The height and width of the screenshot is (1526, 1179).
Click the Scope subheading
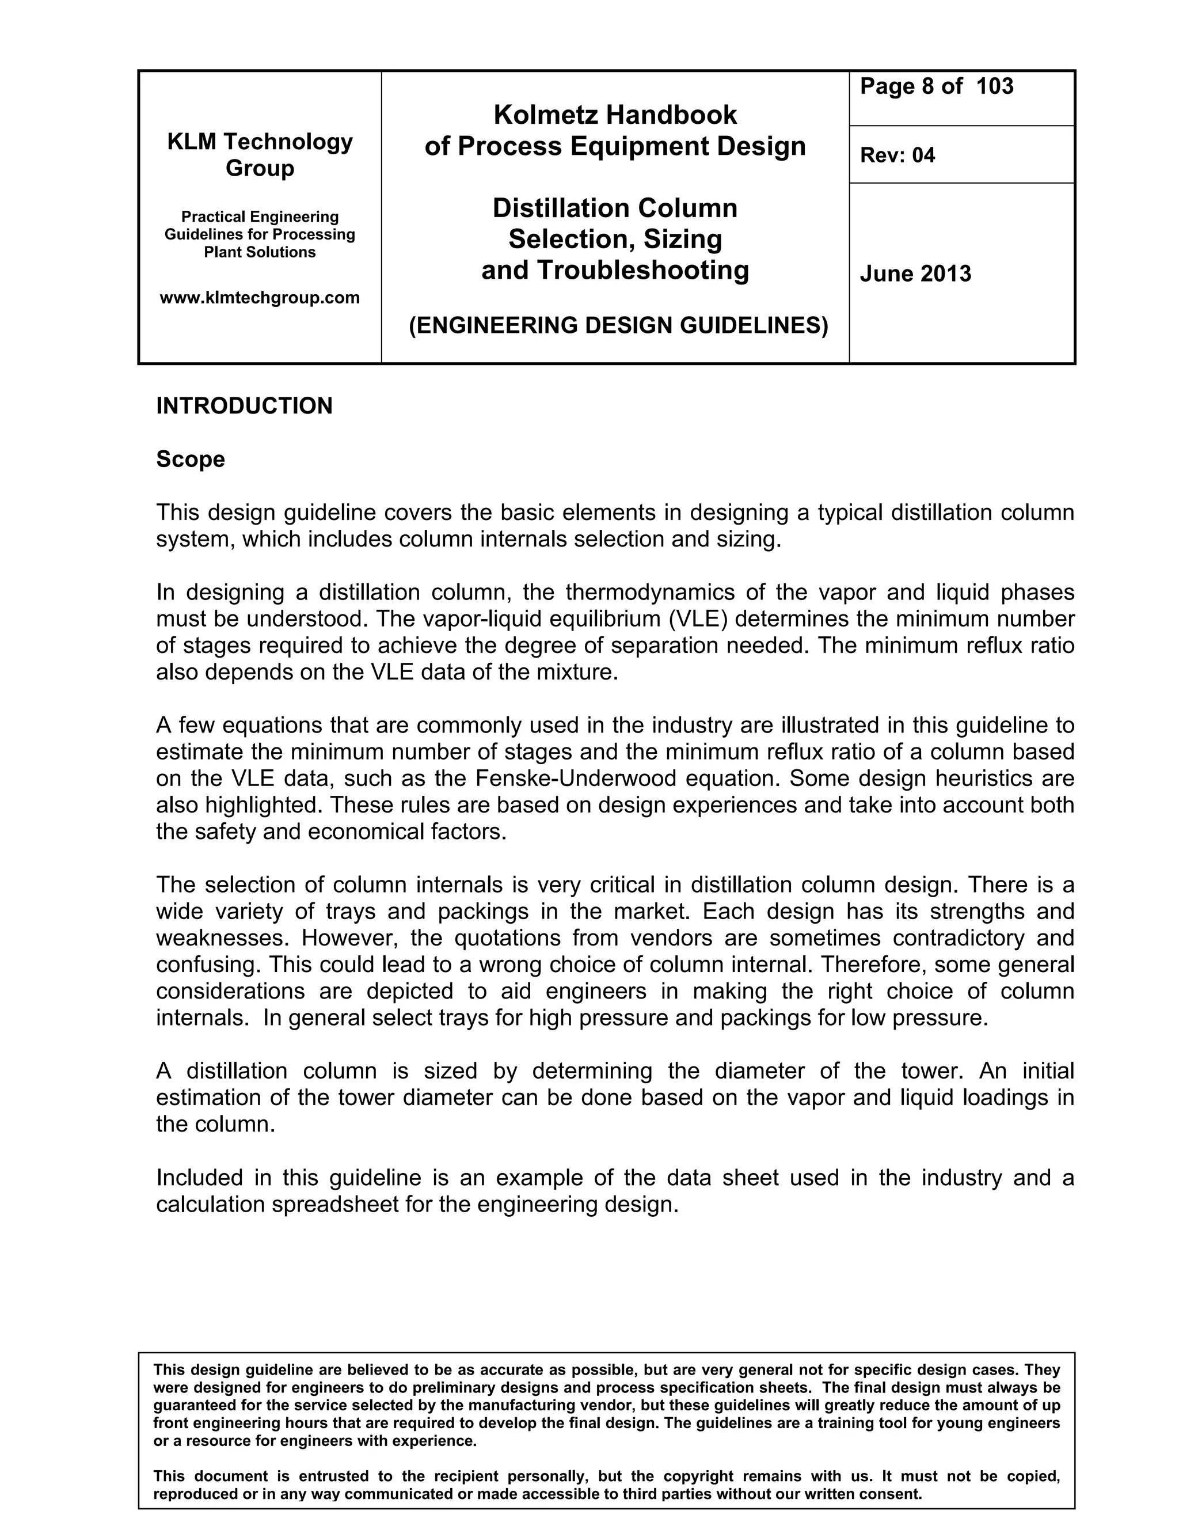[x=190, y=459]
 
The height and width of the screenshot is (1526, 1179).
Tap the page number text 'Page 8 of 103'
[x=936, y=86]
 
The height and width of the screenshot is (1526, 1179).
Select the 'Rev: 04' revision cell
[x=897, y=155]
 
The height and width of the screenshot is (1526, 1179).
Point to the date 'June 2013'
[x=915, y=273]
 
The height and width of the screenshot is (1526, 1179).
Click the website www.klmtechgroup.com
[x=260, y=298]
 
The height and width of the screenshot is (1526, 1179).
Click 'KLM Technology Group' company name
[x=260, y=154]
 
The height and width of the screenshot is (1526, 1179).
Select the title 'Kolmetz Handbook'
[x=615, y=115]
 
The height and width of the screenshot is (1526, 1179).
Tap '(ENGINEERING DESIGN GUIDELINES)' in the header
[x=618, y=325]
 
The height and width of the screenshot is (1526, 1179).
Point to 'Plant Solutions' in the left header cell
[x=260, y=252]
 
